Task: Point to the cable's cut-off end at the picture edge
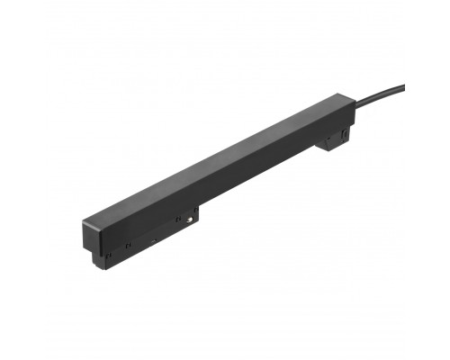(x=402, y=86)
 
